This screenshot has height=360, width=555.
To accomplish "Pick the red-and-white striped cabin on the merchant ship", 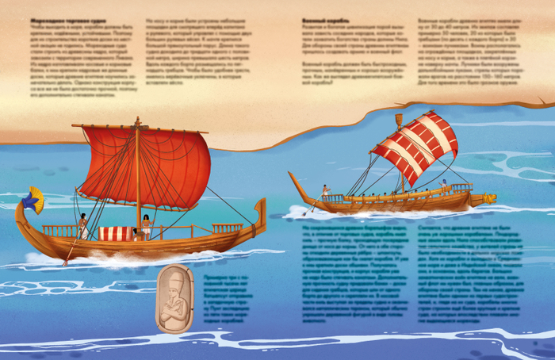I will click(116, 233).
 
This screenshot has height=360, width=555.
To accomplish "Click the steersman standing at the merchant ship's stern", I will click(82, 225).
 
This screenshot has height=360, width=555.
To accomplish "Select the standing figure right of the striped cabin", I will click(146, 227).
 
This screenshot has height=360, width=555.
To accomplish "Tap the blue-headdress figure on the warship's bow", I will click(444, 186).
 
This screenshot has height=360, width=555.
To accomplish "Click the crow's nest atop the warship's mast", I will click(398, 119).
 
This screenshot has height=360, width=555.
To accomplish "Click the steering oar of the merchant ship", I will click(71, 250).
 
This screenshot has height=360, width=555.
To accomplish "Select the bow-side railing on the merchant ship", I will click(227, 228).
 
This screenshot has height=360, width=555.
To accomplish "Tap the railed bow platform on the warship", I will click(461, 188).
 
